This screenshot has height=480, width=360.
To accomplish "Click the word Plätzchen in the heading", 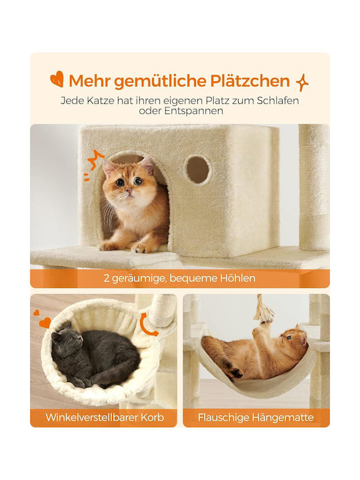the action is click(250, 81).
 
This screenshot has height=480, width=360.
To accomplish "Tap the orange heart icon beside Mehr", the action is click(57, 79).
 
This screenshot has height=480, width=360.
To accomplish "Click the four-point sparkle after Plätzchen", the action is click(302, 83).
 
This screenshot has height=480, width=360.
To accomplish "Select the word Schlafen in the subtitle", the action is click(277, 101).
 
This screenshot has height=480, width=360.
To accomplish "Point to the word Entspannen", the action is click(193, 111).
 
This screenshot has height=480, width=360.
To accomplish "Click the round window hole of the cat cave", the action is click(197, 169).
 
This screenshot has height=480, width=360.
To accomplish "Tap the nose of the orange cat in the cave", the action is click(130, 191).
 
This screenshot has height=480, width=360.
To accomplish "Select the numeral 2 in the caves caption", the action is click(107, 279).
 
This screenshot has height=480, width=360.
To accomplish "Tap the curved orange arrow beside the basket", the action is click(148, 325).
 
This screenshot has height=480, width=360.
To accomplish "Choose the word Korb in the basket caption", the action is click(152, 417).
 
